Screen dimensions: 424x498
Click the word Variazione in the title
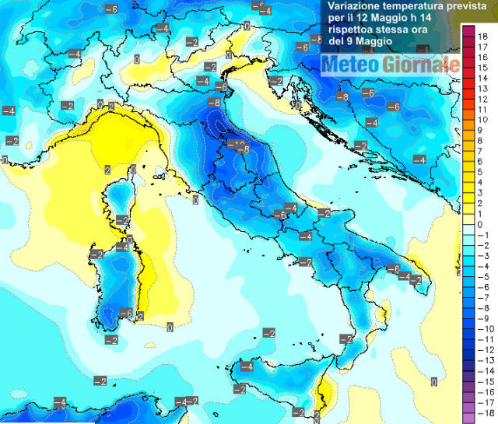point(353,6)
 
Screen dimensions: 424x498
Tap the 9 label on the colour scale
point(480,131)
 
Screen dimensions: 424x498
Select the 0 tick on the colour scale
point(480,225)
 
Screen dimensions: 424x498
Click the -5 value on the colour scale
point(482,277)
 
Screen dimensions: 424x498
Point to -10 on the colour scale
point(482,329)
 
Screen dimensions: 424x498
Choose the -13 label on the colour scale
point(482,361)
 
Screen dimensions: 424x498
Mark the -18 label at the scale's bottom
point(482,413)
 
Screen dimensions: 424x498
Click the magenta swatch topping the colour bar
point(468,31)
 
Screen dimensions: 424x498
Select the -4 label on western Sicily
point(247,366)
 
